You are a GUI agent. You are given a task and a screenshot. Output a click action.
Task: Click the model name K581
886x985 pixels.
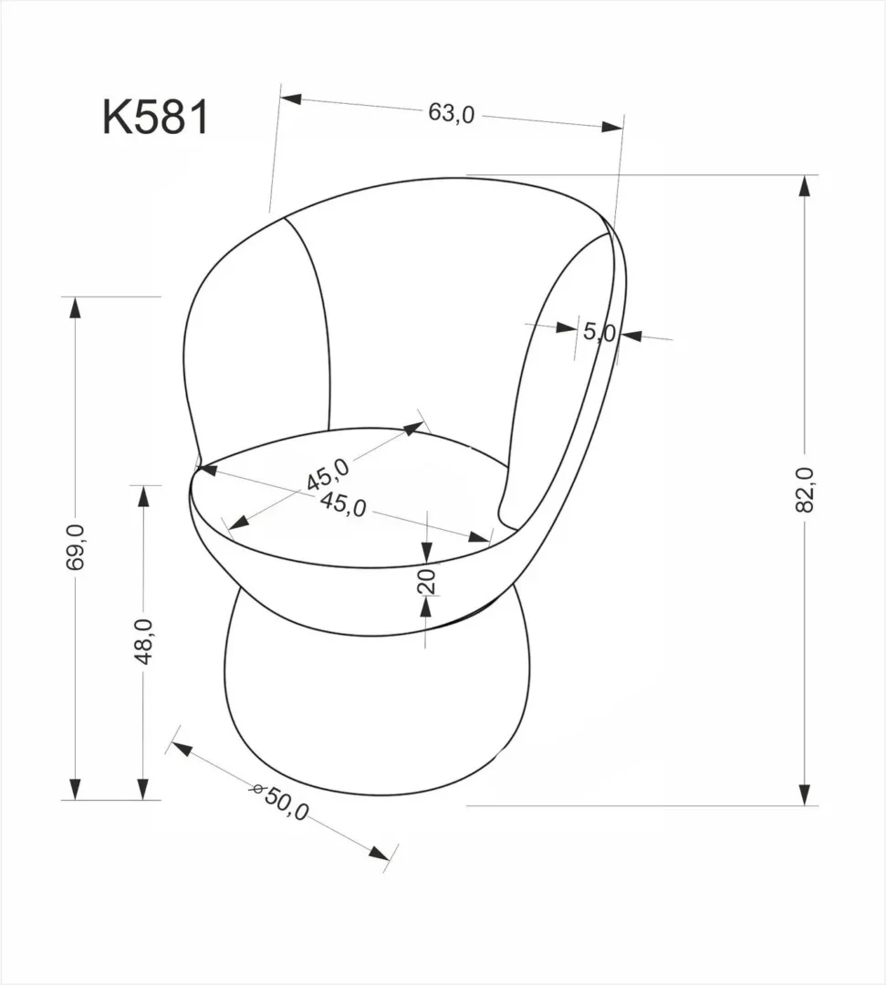pyautogui.click(x=155, y=118)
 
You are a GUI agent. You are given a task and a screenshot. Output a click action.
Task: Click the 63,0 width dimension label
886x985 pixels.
pyautogui.click(x=452, y=113)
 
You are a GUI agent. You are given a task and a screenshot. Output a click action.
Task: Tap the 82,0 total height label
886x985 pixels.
pyautogui.click(x=804, y=490)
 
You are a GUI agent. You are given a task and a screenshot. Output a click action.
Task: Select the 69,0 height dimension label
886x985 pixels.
pyautogui.click(x=76, y=547)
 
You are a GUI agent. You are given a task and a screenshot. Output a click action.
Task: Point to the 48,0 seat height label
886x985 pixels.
pyautogui.click(x=143, y=641)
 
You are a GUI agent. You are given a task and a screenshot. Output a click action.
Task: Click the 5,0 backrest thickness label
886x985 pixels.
pyautogui.click(x=599, y=332)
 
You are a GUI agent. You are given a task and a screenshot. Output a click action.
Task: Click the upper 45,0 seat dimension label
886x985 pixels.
pyautogui.click(x=328, y=473)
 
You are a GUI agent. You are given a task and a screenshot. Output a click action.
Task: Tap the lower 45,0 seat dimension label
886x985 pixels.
pyautogui.click(x=343, y=504)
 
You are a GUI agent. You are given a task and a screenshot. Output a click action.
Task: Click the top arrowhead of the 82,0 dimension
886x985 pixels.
pyautogui.click(x=804, y=186)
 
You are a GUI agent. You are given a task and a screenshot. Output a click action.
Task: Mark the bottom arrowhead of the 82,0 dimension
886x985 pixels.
pyautogui.click(x=804, y=794)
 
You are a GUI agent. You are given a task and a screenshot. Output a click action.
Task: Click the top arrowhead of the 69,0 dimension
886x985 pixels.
pyautogui.click(x=76, y=307)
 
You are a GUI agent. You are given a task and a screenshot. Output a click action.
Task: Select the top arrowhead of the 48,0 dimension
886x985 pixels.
pyautogui.click(x=143, y=497)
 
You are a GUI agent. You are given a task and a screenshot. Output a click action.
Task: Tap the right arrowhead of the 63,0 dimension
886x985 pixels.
pyautogui.click(x=612, y=126)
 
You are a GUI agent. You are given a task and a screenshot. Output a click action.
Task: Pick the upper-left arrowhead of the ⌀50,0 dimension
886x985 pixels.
pyautogui.click(x=182, y=750)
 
